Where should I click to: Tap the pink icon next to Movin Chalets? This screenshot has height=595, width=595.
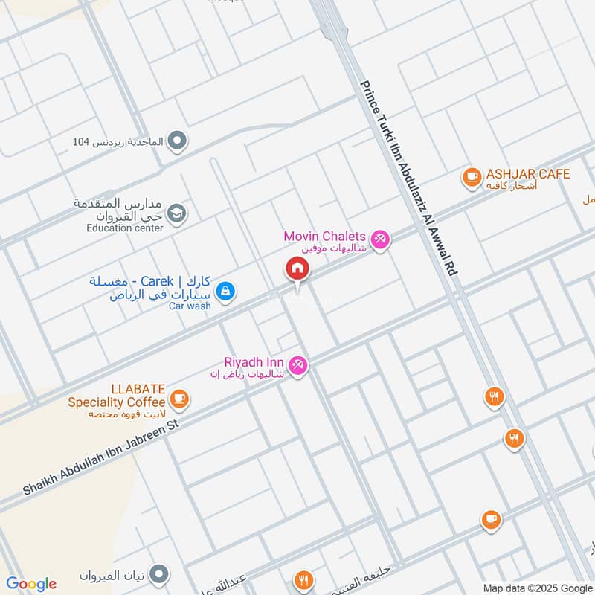point(380,239)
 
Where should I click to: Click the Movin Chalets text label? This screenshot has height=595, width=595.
point(324,237)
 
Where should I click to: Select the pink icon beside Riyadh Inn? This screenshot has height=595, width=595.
point(297,364)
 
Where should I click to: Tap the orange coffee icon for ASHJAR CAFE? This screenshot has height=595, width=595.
point(471,176)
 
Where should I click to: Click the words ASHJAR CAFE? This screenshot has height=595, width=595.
point(528,174)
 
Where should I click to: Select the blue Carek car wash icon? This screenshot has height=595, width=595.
point(227,292)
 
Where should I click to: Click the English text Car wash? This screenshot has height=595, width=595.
point(190,306)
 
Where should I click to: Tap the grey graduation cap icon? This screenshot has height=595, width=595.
point(176,213)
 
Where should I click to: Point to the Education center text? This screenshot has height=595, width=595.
point(124,228)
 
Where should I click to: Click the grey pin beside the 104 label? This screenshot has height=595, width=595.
point(177,140)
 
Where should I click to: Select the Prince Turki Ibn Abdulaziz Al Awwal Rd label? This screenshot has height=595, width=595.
point(408,178)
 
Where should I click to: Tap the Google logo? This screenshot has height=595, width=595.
point(31,583)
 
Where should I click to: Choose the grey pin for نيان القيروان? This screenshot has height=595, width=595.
point(158,574)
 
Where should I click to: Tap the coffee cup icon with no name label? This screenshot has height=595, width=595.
point(490,519)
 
